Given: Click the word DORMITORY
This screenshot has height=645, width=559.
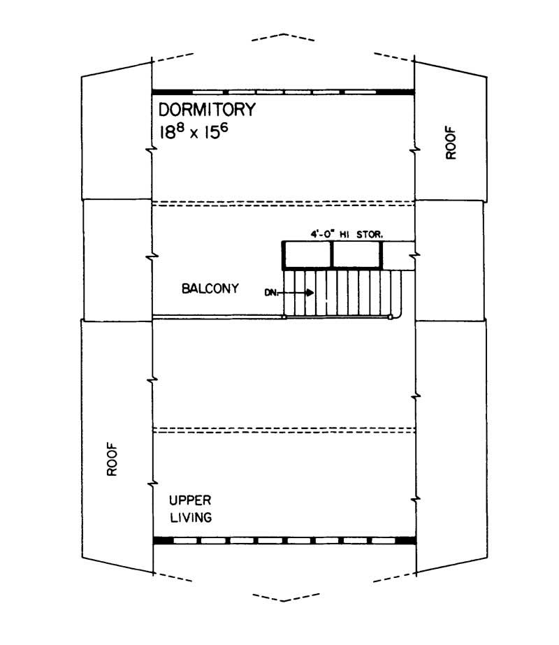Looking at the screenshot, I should coord(208,110).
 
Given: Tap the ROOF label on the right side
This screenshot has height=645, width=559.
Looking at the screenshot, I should coord(451,143).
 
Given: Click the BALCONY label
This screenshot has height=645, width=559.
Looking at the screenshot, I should coord(210,288).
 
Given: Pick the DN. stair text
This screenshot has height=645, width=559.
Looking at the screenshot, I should coord(272,293).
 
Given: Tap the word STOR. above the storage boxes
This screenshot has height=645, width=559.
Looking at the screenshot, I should coord(370,235).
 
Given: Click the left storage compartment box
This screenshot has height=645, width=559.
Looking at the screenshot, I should coord(307,255).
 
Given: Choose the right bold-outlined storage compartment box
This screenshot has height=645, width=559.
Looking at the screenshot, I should coord(357,255).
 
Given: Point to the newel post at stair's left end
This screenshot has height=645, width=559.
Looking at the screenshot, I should coord(284,317).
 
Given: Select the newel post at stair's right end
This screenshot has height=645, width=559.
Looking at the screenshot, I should coord(390,317).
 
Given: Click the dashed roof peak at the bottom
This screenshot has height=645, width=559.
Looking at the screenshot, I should coord(282,600).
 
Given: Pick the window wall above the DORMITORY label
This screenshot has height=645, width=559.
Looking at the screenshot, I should coord(283,92).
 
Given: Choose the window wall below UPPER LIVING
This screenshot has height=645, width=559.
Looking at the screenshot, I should coord(283,540).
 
